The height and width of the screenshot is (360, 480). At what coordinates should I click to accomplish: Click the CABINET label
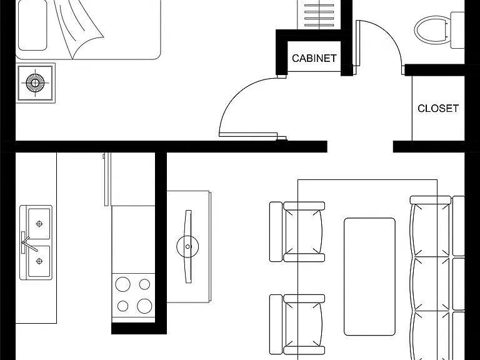[x=314, y=58]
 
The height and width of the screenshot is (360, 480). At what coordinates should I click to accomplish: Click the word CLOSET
[x=438, y=108]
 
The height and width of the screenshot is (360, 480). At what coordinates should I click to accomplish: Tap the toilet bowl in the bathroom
[x=432, y=30]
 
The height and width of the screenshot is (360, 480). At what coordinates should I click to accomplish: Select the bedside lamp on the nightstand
[x=35, y=82]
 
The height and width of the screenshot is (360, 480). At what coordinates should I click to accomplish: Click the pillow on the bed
[x=32, y=24]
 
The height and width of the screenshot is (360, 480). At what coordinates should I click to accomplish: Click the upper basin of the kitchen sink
[x=39, y=224]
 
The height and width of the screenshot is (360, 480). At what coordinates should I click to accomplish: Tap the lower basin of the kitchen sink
[x=39, y=261]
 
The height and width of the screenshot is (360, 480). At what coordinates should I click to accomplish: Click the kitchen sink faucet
[x=28, y=242]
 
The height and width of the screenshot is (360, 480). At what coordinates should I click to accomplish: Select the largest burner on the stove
[x=145, y=305]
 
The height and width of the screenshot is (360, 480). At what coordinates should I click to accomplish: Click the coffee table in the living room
[x=369, y=277]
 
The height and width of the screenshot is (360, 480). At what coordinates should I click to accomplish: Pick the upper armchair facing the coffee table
[x=297, y=232]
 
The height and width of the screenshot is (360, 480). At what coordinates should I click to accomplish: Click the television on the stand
[x=188, y=246]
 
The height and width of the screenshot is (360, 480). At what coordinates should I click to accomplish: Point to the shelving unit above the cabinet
[x=319, y=14]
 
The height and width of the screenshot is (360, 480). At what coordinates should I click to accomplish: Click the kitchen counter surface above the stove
[x=133, y=239]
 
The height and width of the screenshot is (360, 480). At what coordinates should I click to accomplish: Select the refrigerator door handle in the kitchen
[x=104, y=156]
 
